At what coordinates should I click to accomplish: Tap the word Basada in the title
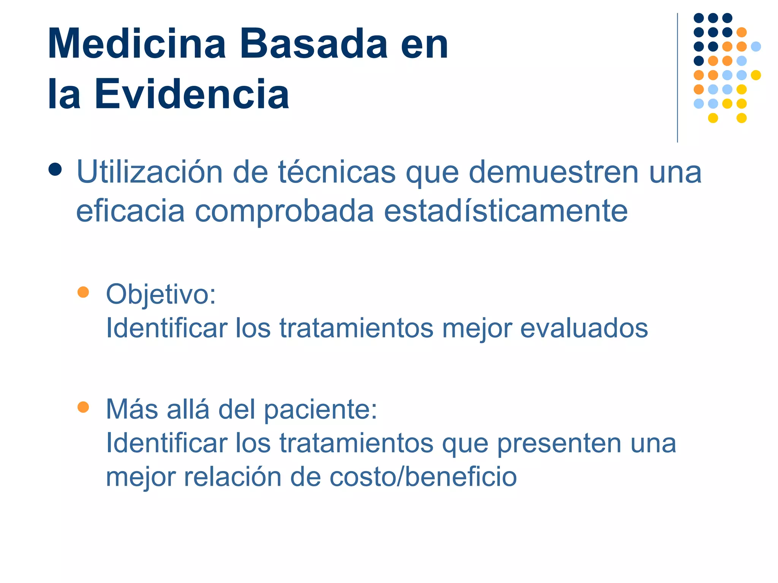click(313, 44)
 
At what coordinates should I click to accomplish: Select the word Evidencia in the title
click(192, 94)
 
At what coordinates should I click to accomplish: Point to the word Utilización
click(150, 172)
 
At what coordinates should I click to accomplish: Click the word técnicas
click(337, 172)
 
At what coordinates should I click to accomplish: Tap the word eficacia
click(130, 211)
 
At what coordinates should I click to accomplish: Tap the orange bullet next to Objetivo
click(83, 292)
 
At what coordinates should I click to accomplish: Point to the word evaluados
click(584, 328)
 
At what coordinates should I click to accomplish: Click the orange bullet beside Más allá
click(83, 407)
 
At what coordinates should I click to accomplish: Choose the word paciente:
click(321, 410)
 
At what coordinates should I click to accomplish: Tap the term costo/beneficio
click(423, 477)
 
